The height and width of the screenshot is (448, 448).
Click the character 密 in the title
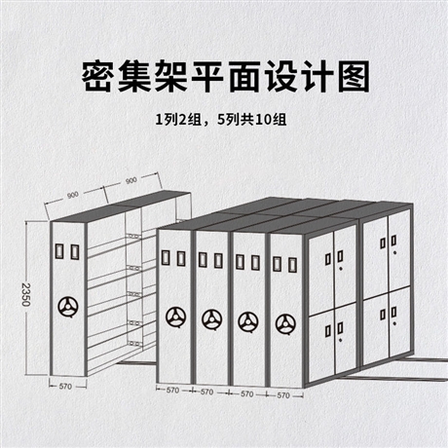(97, 76)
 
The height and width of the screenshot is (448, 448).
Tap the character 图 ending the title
(354, 76)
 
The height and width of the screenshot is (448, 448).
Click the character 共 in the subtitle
(248, 120)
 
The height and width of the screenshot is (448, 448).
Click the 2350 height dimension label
(26, 294)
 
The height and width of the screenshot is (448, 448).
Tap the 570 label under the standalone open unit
(65, 387)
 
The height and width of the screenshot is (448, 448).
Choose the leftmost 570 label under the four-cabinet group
(172, 391)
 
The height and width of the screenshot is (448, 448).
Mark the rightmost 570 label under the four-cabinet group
(283, 395)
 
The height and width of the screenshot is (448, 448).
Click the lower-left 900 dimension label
(72, 195)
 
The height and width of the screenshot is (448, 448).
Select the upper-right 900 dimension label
(131, 180)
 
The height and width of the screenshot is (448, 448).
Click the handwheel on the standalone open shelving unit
(69, 306)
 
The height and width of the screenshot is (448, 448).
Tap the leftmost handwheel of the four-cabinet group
(175, 317)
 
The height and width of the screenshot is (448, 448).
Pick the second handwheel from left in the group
(212, 319)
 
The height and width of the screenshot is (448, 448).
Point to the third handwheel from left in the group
(248, 321)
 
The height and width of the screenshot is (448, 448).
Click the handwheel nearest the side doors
(285, 323)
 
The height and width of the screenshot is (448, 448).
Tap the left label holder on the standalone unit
(60, 251)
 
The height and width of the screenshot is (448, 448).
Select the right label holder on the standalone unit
(75, 251)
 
